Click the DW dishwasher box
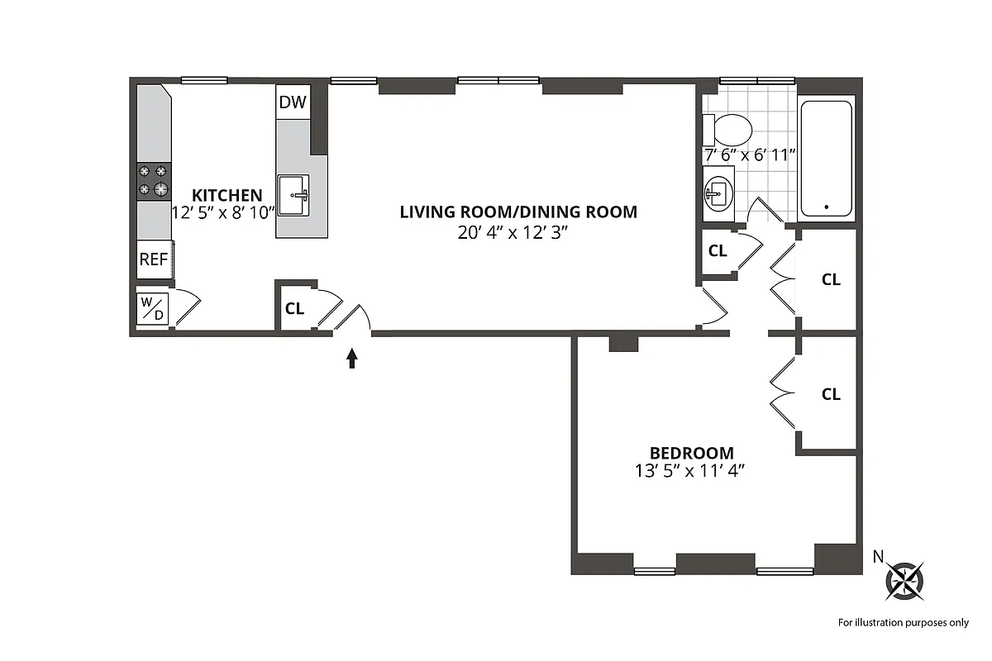(293, 102)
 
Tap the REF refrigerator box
(154, 259)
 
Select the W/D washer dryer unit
(153, 309)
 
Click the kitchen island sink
(293, 195)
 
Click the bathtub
(826, 158)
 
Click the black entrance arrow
(352, 357)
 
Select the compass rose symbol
(904, 580)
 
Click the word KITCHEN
(227, 196)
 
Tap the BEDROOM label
(692, 453)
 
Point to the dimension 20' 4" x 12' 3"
(517, 233)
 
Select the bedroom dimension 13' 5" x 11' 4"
(690, 473)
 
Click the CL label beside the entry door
(294, 309)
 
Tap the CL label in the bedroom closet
(831, 394)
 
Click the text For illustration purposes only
(903, 622)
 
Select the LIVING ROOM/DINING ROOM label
(518, 212)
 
